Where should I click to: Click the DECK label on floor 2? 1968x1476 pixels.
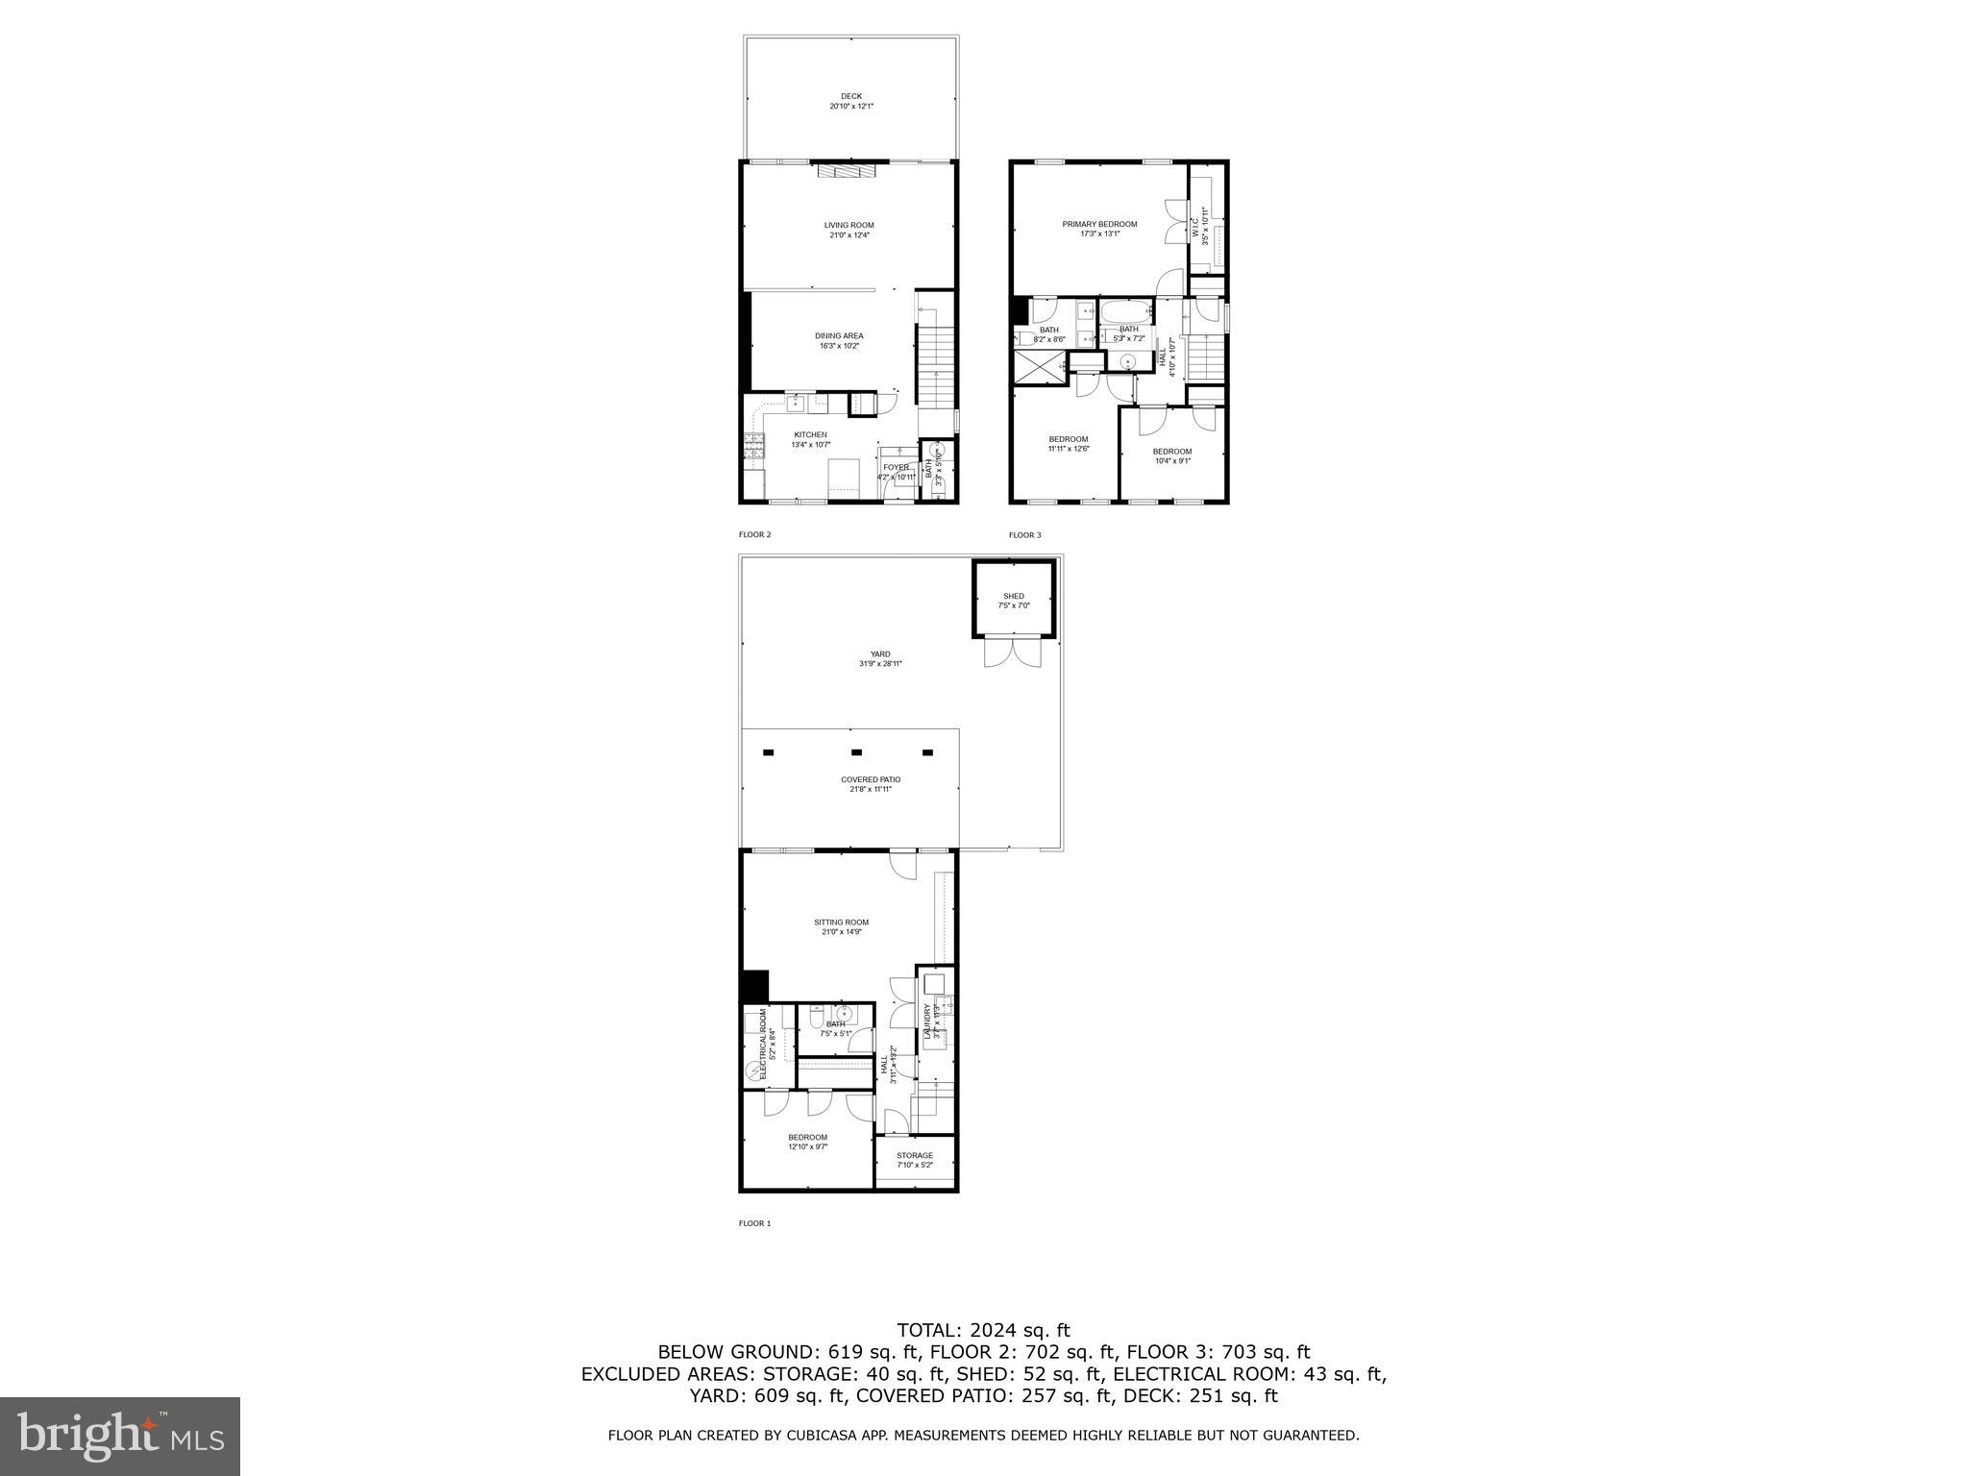point(851,96)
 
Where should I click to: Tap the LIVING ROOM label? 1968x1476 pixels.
point(849,225)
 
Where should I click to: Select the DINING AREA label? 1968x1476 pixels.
point(839,336)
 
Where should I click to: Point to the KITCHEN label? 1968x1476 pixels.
point(810,434)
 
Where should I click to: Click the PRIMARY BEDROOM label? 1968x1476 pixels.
point(1099,224)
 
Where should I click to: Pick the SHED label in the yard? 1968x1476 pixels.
point(1014,596)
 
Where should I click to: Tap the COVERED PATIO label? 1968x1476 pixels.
point(871,779)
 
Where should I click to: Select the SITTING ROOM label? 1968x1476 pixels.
point(841,922)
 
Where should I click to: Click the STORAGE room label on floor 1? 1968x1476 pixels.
point(915,1155)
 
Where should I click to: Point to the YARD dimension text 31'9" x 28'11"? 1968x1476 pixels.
point(880,664)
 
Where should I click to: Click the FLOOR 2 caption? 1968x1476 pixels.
point(754,535)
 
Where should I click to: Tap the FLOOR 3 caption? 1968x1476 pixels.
point(1024,535)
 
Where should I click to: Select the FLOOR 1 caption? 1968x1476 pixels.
point(754,1223)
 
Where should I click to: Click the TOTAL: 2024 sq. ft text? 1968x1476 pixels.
point(983,1330)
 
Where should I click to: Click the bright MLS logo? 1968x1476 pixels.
point(120,1437)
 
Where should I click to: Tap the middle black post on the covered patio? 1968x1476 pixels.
point(856,752)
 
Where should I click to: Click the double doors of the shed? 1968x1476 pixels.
point(1013,652)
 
